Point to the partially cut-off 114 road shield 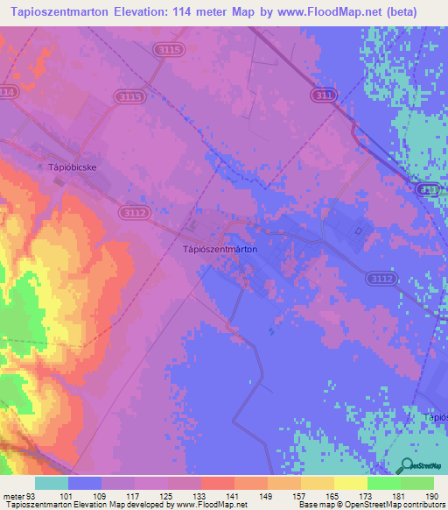tap(7, 92)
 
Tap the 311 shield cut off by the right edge tap(430, 189)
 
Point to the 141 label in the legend tap(217, 495)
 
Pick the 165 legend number tap(317, 495)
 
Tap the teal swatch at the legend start tap(51, 483)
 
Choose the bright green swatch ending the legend tap(416, 483)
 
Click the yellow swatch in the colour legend tap(350, 483)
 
